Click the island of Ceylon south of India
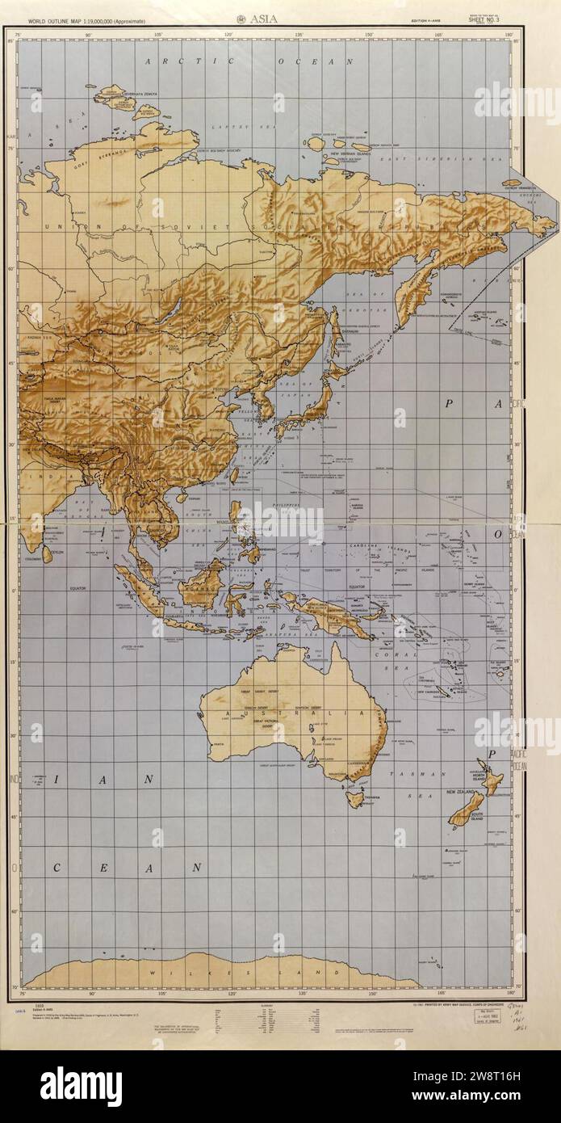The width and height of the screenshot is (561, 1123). [x=48, y=553]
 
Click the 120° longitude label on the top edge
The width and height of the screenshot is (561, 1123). [x=229, y=34]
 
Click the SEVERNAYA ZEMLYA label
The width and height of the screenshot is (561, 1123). [x=138, y=95]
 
